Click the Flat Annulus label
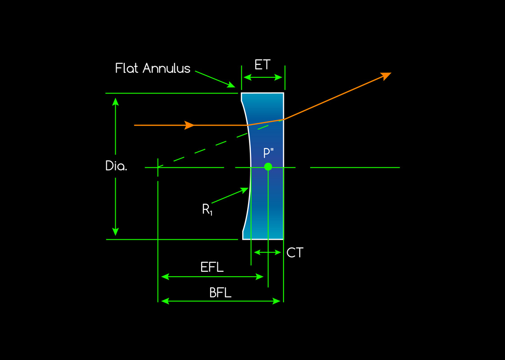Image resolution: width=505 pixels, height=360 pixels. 153,68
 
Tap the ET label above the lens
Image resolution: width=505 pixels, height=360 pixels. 262,65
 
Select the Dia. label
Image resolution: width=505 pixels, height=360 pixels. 116,166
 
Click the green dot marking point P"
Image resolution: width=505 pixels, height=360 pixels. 268,166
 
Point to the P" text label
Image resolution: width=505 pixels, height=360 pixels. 269,153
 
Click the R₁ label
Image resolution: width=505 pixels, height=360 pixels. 207,209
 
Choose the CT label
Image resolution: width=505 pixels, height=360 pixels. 295,253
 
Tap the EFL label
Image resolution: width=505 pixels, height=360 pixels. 212,267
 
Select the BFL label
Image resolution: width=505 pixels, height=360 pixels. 221,292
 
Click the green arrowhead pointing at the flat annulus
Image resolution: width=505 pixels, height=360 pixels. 232,85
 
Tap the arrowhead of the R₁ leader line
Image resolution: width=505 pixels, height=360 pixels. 246,190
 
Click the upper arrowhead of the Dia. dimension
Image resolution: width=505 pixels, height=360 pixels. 116,101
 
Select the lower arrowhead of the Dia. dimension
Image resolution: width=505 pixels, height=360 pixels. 116,231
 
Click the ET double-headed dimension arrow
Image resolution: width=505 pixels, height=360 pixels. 262,77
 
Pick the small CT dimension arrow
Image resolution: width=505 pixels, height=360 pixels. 267,252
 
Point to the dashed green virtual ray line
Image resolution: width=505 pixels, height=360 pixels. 212,145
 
